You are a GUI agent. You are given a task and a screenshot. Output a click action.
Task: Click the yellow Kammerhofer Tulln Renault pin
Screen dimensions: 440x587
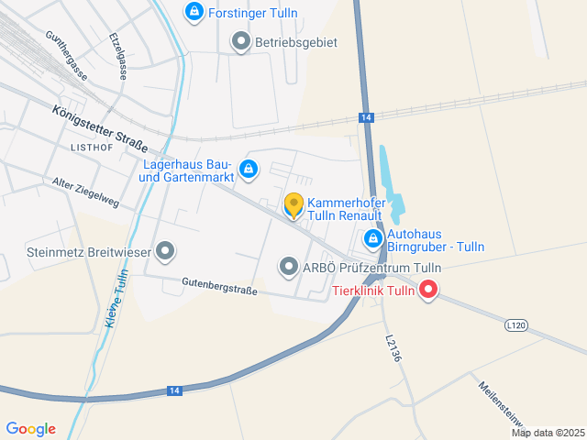coord(293,206)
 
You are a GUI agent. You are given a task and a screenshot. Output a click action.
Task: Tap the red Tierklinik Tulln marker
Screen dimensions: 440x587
coord(427,291)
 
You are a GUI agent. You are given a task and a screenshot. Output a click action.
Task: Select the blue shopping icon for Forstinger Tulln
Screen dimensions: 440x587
coord(194,12)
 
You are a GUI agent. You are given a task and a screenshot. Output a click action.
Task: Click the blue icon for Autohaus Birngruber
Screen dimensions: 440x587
coord(372,240)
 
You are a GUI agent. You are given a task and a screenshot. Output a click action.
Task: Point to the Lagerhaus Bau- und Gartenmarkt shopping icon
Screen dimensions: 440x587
coord(248,169)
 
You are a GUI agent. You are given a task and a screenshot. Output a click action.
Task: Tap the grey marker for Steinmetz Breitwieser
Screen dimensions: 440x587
coord(165,250)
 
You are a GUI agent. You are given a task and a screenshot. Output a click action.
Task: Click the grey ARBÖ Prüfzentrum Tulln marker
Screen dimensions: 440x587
coord(289,268)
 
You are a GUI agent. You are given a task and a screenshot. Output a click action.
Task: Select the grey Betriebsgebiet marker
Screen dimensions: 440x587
coord(240,41)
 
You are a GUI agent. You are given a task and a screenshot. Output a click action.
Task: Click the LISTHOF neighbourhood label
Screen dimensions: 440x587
coord(91,147)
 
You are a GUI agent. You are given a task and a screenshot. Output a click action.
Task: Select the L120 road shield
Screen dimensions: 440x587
coord(517,325)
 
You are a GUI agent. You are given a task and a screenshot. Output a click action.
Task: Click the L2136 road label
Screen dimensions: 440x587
coord(393,347)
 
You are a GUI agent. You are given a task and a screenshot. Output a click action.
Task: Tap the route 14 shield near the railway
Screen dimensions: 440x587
coord(366,117)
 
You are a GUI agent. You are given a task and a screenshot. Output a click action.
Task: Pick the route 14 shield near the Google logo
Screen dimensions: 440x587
coord(174,390)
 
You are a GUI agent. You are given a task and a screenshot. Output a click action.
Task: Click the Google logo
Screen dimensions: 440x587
coord(30,429)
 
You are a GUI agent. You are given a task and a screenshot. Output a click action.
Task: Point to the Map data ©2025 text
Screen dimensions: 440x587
coord(548,433)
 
